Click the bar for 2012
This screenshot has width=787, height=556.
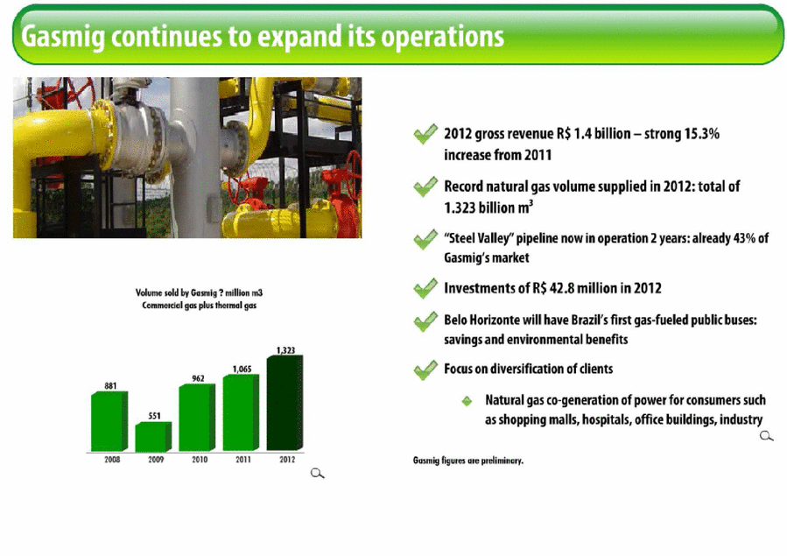[285, 403]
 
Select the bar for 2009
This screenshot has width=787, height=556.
[153, 436]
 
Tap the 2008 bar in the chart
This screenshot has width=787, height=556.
[109, 421]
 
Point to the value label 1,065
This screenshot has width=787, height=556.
[242, 369]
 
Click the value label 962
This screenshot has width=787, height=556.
[198, 378]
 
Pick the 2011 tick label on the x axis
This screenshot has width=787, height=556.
[243, 459]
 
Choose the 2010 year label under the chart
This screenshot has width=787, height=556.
[200, 459]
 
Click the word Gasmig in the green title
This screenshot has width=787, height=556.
[63, 37]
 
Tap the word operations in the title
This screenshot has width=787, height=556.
[442, 37]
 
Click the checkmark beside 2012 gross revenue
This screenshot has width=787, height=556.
[425, 134]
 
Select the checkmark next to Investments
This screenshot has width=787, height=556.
[425, 288]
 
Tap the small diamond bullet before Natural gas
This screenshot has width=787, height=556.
[467, 401]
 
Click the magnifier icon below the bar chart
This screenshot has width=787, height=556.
[317, 473]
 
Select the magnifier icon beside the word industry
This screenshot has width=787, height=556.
[766, 435]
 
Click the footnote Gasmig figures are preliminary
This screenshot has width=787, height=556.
[468, 461]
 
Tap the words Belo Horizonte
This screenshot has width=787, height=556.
[485, 320]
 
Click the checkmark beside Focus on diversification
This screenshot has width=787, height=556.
[425, 369]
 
